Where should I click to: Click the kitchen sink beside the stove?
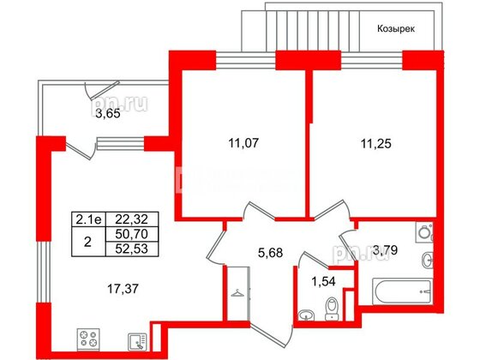(x=135, y=340)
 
